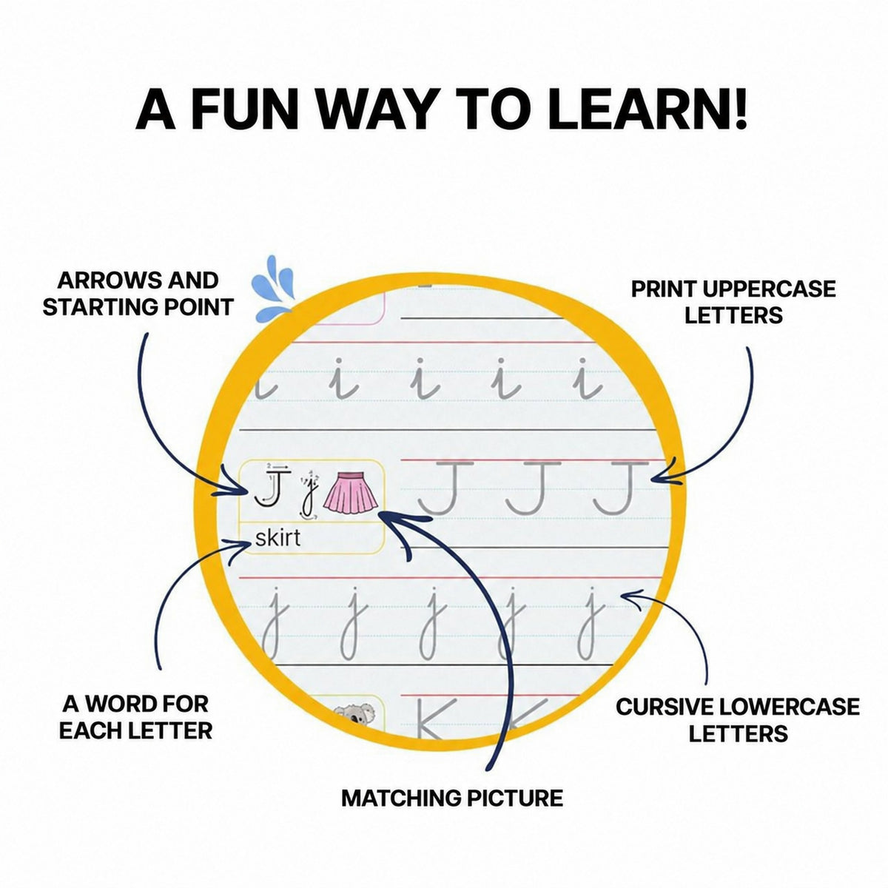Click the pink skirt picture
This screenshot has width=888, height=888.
click(351, 492)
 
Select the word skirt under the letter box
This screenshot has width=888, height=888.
click(278, 537)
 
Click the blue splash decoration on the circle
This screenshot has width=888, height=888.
click(272, 289)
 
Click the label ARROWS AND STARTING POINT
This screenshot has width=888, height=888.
click(138, 294)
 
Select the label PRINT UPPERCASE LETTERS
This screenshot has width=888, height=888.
click(733, 303)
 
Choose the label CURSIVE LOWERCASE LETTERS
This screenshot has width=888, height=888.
click(737, 720)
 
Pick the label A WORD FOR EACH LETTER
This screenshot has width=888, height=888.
click(135, 718)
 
